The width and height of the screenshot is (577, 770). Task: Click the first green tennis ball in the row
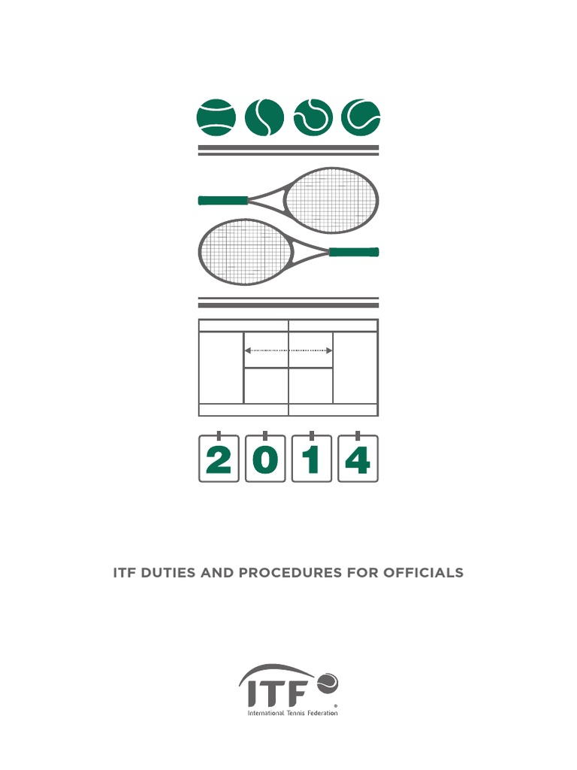point(216,118)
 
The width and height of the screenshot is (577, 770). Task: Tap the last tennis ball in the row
point(361,118)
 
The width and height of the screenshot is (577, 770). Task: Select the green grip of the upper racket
point(223,201)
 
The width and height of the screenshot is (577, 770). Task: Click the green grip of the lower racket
point(354,252)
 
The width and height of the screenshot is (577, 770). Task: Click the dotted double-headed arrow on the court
point(289,350)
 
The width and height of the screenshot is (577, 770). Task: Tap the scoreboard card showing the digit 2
point(219,459)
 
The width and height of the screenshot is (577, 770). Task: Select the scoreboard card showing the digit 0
point(265,459)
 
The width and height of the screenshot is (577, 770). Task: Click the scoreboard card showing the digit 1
point(312,459)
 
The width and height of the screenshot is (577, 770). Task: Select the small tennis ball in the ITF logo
point(328,682)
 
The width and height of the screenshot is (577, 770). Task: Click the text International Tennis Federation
point(293,713)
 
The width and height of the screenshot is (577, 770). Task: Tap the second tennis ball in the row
point(264,118)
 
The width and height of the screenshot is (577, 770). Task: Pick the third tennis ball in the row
point(313,118)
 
